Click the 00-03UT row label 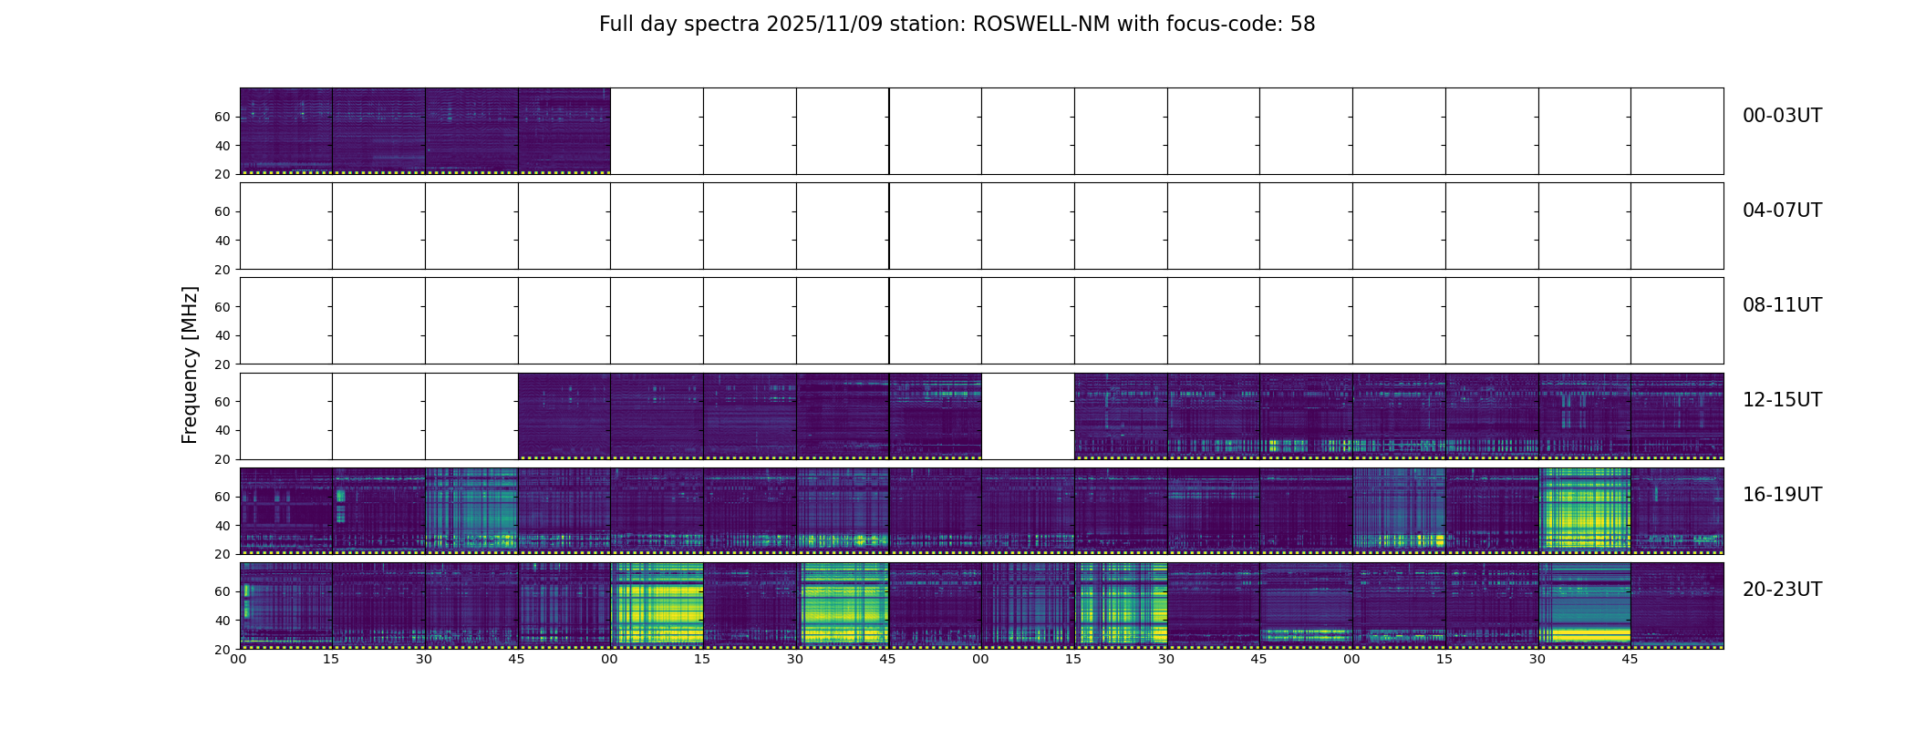[x=1782, y=116]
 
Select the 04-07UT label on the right [x=1782, y=210]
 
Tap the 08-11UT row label [x=1782, y=305]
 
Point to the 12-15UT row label [x=1782, y=400]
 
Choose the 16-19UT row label [x=1782, y=495]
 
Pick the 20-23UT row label [x=1782, y=590]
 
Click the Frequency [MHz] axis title [x=190, y=364]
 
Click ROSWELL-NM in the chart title [x=1041, y=25]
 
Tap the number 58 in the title [x=1302, y=25]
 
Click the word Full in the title [x=616, y=25]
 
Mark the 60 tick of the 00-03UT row [x=223, y=117]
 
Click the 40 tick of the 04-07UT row [x=223, y=241]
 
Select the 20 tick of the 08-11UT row [x=223, y=364]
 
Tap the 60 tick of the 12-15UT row [x=223, y=402]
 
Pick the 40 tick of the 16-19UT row [x=223, y=526]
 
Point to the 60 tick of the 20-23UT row [x=223, y=591]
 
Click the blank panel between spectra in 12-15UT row [x=1028, y=416]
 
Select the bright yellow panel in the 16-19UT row [x=1584, y=510]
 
